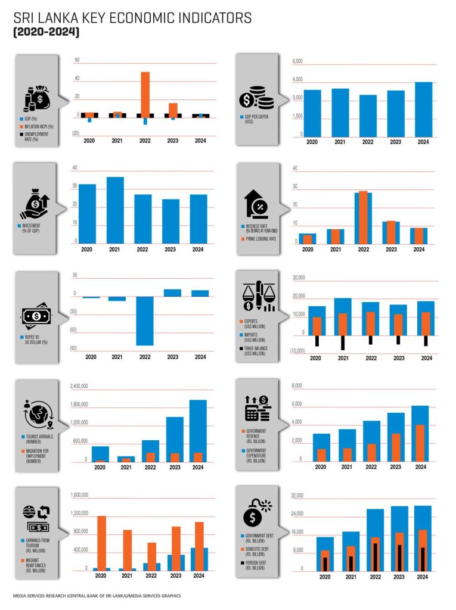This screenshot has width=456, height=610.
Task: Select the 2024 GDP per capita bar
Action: coord(424,109)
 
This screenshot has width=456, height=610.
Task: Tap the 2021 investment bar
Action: coord(115,210)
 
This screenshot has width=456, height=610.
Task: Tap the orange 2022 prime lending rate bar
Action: coord(363,217)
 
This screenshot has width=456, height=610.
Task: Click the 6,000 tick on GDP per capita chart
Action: coord(298,61)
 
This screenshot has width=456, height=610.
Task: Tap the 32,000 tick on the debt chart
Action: coord(297,496)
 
